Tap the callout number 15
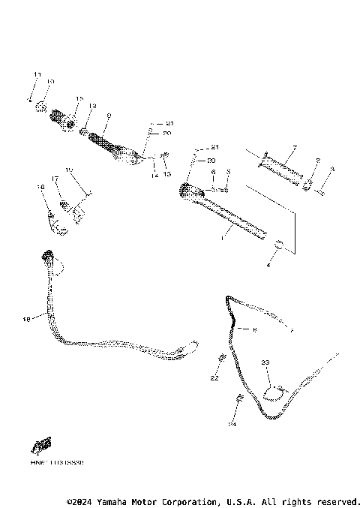tap(79, 99)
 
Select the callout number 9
tap(109, 116)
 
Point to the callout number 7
tap(273, 147)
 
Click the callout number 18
tap(27, 320)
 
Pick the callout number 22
tap(214, 380)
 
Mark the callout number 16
tap(40, 186)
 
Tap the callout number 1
tap(221, 237)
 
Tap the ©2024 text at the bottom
tap(83, 500)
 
